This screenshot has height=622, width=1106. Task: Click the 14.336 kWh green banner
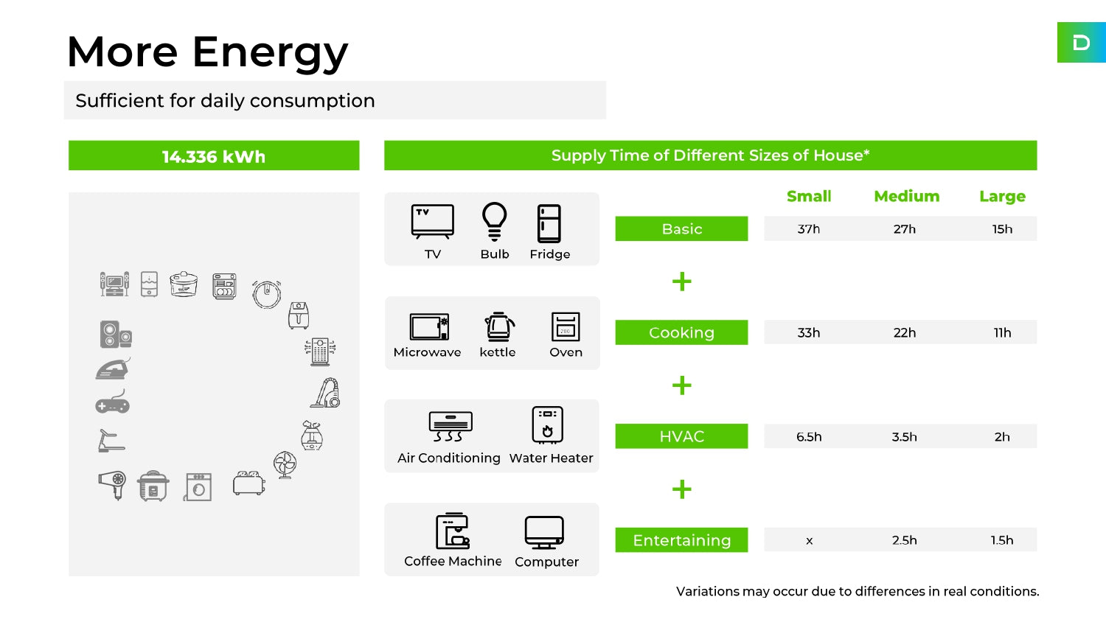pyautogui.click(x=214, y=155)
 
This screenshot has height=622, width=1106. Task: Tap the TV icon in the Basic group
pyautogui.click(x=433, y=222)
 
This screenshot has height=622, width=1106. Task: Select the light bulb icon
pyautogui.click(x=494, y=222)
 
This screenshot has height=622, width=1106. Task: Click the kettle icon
pyautogui.click(x=499, y=326)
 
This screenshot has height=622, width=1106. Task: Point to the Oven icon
pyautogui.click(x=566, y=326)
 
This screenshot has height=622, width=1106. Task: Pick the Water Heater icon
pyautogui.click(x=548, y=424)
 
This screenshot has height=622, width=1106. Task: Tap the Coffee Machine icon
pyautogui.click(x=452, y=531)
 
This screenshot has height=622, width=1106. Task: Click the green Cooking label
pyautogui.click(x=681, y=332)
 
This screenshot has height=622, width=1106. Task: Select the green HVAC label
pyautogui.click(x=681, y=436)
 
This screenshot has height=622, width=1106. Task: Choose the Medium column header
pyautogui.click(x=906, y=197)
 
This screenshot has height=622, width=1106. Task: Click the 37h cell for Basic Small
pyautogui.click(x=809, y=229)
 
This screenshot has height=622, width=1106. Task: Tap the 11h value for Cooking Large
pyautogui.click(x=1002, y=332)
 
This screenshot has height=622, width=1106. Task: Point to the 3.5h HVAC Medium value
pyautogui.click(x=905, y=437)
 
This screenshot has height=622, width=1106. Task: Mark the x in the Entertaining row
pyautogui.click(x=810, y=540)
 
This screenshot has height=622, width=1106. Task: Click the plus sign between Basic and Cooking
pyautogui.click(x=682, y=282)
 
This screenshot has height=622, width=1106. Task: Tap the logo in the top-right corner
pyautogui.click(x=1082, y=43)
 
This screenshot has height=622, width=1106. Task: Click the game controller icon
pyautogui.click(x=113, y=402)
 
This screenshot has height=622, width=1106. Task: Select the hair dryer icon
pyautogui.click(x=112, y=485)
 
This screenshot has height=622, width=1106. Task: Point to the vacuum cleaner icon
pyautogui.click(x=325, y=393)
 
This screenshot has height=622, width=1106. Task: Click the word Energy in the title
pyautogui.click(x=270, y=53)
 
